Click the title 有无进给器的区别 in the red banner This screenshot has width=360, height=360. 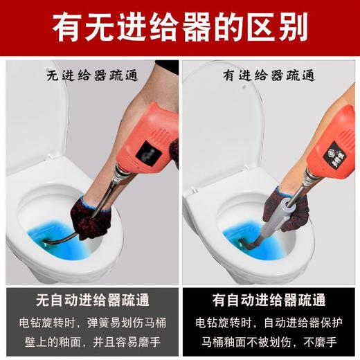point(180,30)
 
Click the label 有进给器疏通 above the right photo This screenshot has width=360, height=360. point(271,74)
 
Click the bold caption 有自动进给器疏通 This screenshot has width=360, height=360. point(271,302)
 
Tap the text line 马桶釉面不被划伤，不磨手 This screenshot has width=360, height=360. point(271,341)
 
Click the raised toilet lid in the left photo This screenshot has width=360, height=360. point(35,118)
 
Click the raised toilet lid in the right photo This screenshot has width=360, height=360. point(215,118)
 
